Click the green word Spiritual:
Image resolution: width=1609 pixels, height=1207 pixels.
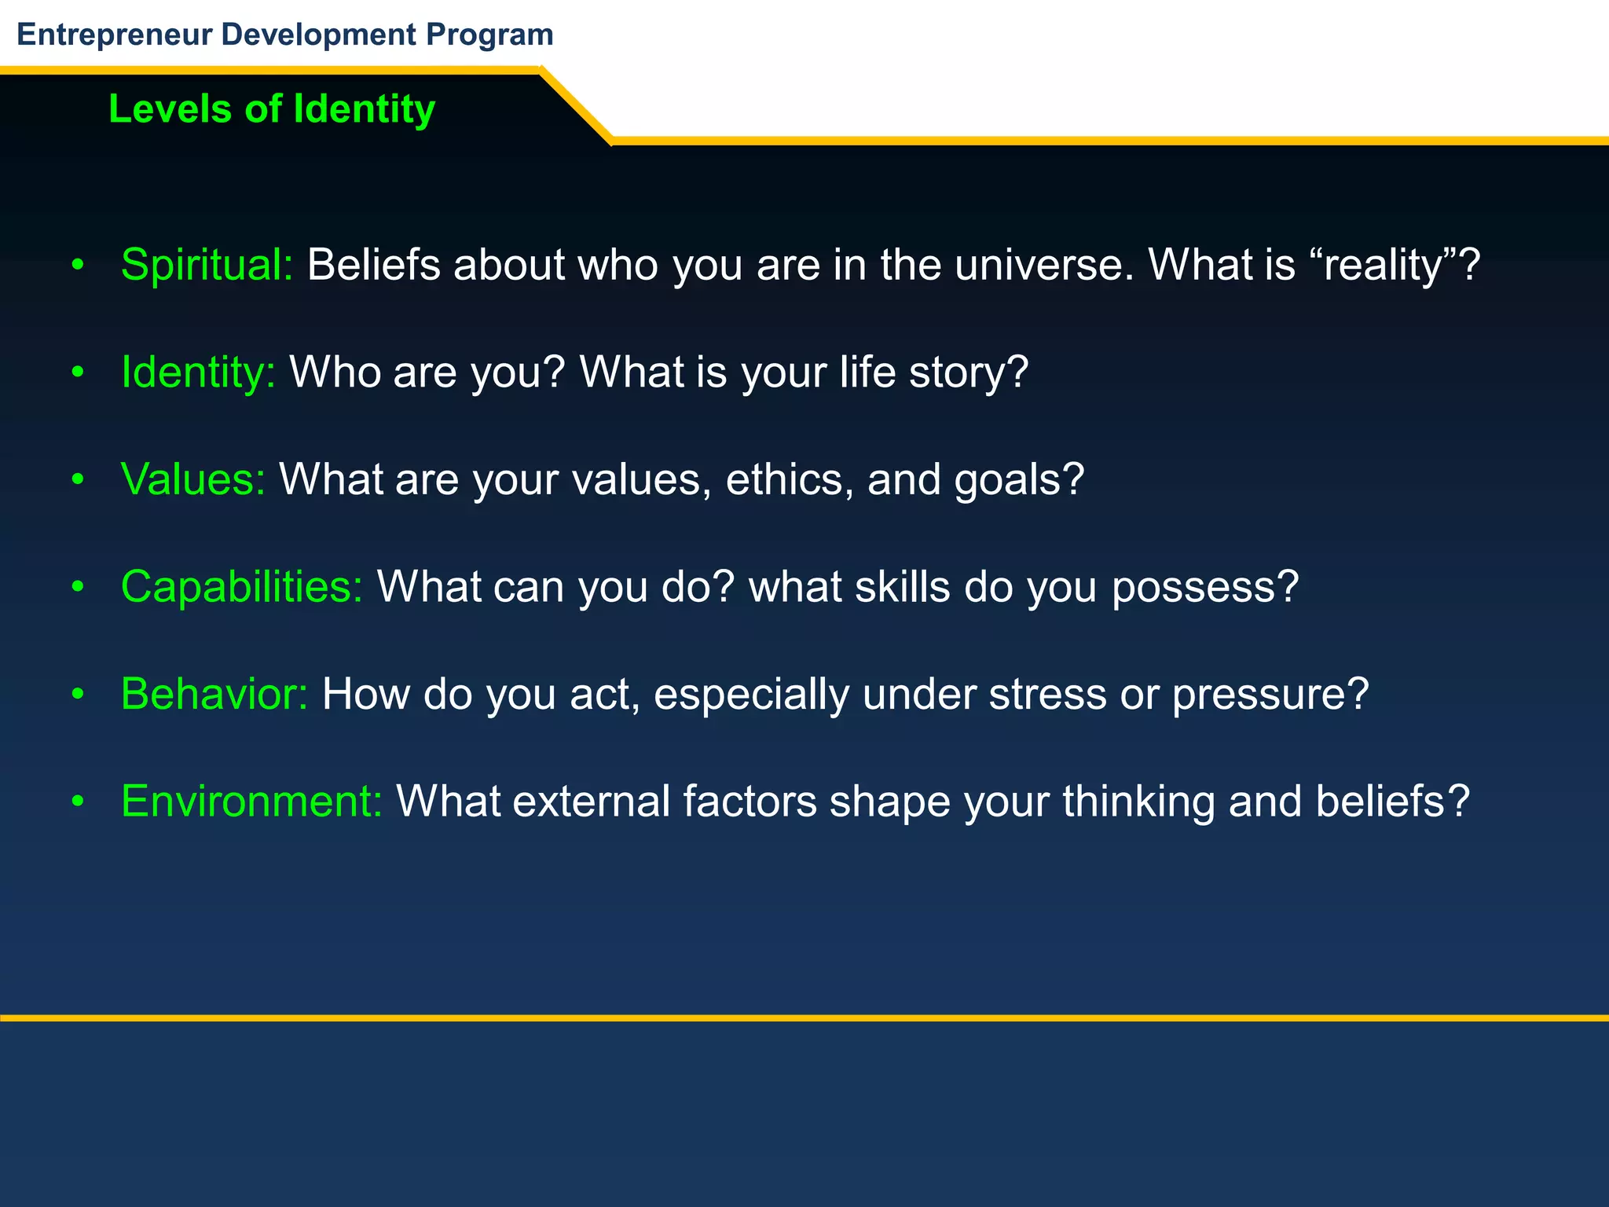(x=207, y=265)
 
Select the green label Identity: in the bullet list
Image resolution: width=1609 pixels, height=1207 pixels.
(x=198, y=372)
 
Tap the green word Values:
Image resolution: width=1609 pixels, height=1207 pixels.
(x=193, y=479)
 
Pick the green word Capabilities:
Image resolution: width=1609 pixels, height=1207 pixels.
(x=242, y=587)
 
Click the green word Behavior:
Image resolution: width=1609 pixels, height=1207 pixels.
(x=214, y=694)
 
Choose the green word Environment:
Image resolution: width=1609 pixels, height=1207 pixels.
(x=251, y=802)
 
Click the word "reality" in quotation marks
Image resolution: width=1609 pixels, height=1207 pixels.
(x=1385, y=265)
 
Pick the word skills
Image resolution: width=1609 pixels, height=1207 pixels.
(x=903, y=587)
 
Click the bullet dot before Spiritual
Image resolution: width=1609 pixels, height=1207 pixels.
(x=77, y=266)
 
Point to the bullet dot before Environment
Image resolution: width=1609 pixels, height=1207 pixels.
(x=77, y=802)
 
